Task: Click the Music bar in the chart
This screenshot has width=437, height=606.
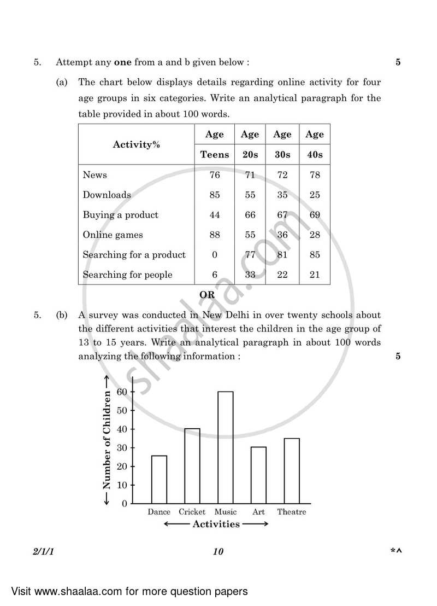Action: point(225,447)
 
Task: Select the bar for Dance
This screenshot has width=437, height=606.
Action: point(159,480)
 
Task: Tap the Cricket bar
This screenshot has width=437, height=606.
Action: point(192,466)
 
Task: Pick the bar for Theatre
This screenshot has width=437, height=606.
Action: point(291,471)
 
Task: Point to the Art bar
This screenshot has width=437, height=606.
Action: point(258,475)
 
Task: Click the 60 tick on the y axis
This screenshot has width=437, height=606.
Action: point(121,392)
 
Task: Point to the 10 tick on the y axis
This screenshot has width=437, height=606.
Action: point(121,485)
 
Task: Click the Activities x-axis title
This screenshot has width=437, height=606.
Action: point(216,524)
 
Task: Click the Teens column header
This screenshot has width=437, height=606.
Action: point(215,155)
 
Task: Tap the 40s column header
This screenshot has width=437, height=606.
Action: point(315,155)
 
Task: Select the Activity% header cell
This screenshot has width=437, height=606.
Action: point(136,145)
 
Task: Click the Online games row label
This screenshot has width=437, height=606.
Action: point(113,235)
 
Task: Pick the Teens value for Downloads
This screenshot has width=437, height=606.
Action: point(215,195)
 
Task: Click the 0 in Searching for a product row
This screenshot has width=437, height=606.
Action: point(215,255)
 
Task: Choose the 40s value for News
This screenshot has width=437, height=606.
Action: point(315,175)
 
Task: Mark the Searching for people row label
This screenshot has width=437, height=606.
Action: point(127,275)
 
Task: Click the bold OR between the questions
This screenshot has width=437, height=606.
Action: point(207,294)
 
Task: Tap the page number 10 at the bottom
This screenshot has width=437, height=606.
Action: point(218,551)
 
